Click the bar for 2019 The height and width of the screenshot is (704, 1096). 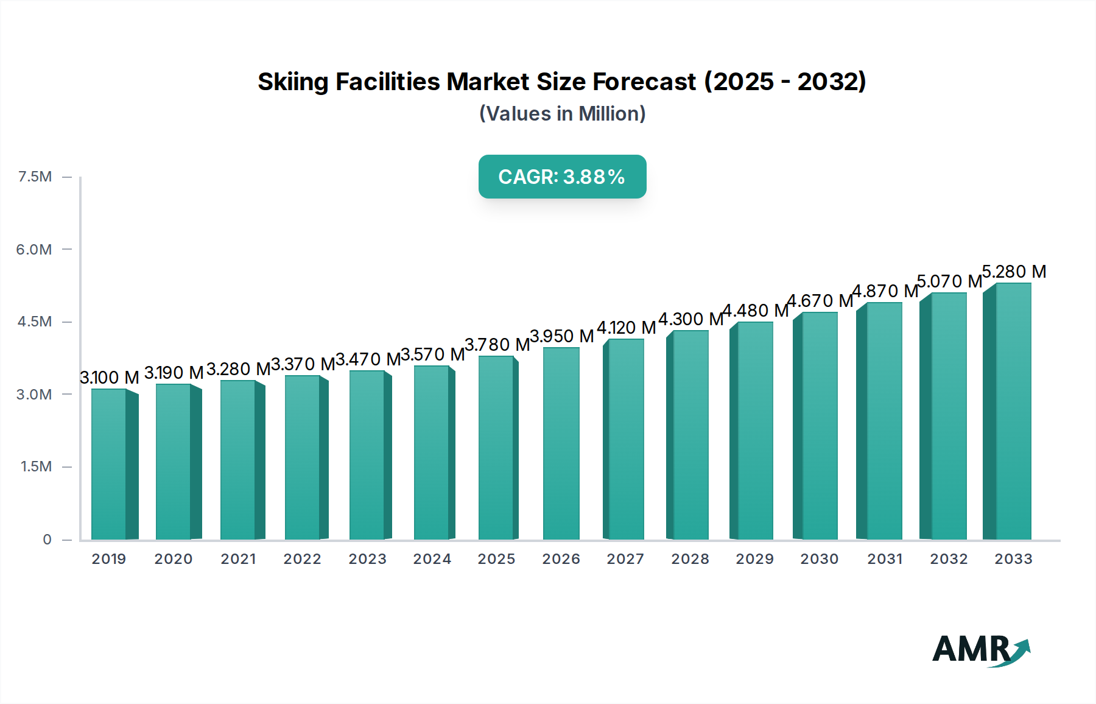click(110, 464)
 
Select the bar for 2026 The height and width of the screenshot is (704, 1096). click(561, 443)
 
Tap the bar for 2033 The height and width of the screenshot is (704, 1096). click(1013, 411)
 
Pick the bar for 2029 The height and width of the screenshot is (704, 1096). click(754, 431)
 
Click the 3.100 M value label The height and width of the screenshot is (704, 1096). click(110, 378)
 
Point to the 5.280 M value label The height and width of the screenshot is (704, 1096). click(1014, 272)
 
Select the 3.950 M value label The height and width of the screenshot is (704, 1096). click(561, 336)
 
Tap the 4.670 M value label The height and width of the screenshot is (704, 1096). click(820, 301)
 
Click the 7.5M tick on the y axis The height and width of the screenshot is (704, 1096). click(35, 177)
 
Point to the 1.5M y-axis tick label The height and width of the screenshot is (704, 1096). click(36, 466)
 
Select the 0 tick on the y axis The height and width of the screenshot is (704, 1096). click(47, 540)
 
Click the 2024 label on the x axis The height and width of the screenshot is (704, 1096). click(432, 559)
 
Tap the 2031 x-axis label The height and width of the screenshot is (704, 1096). click(885, 559)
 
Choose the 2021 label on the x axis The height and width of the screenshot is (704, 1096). click(238, 559)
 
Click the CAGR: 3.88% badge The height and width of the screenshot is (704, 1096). click(562, 177)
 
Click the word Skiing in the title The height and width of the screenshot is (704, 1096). click(293, 82)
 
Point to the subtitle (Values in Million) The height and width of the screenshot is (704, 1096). click(562, 114)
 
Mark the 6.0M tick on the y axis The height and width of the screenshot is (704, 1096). click(34, 249)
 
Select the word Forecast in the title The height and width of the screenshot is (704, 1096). click(644, 82)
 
